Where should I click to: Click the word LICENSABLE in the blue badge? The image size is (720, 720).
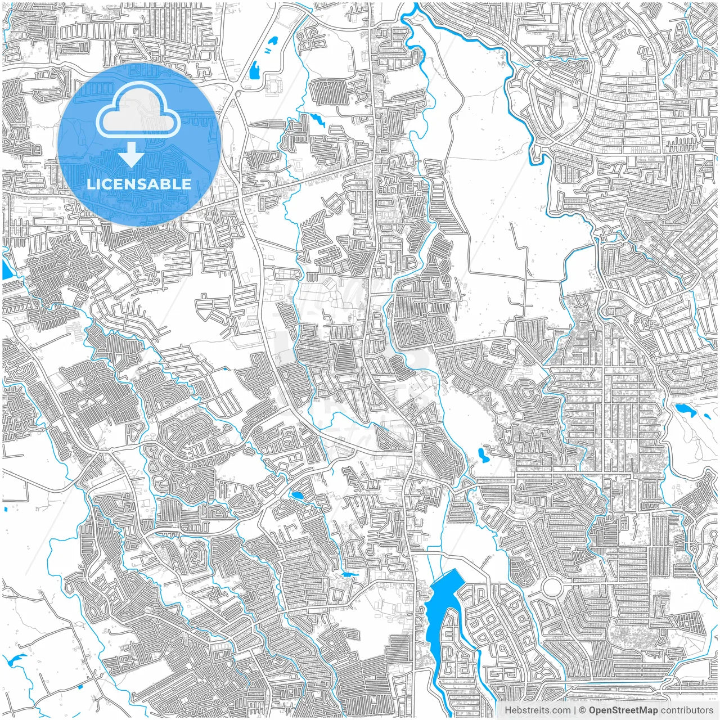[x=138, y=184]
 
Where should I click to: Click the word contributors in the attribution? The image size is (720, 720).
[x=687, y=710]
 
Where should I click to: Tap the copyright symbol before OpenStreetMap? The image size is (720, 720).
[x=583, y=710]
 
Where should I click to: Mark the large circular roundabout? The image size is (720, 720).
[x=552, y=588]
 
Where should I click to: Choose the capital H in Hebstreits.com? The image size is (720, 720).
[x=508, y=710]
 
